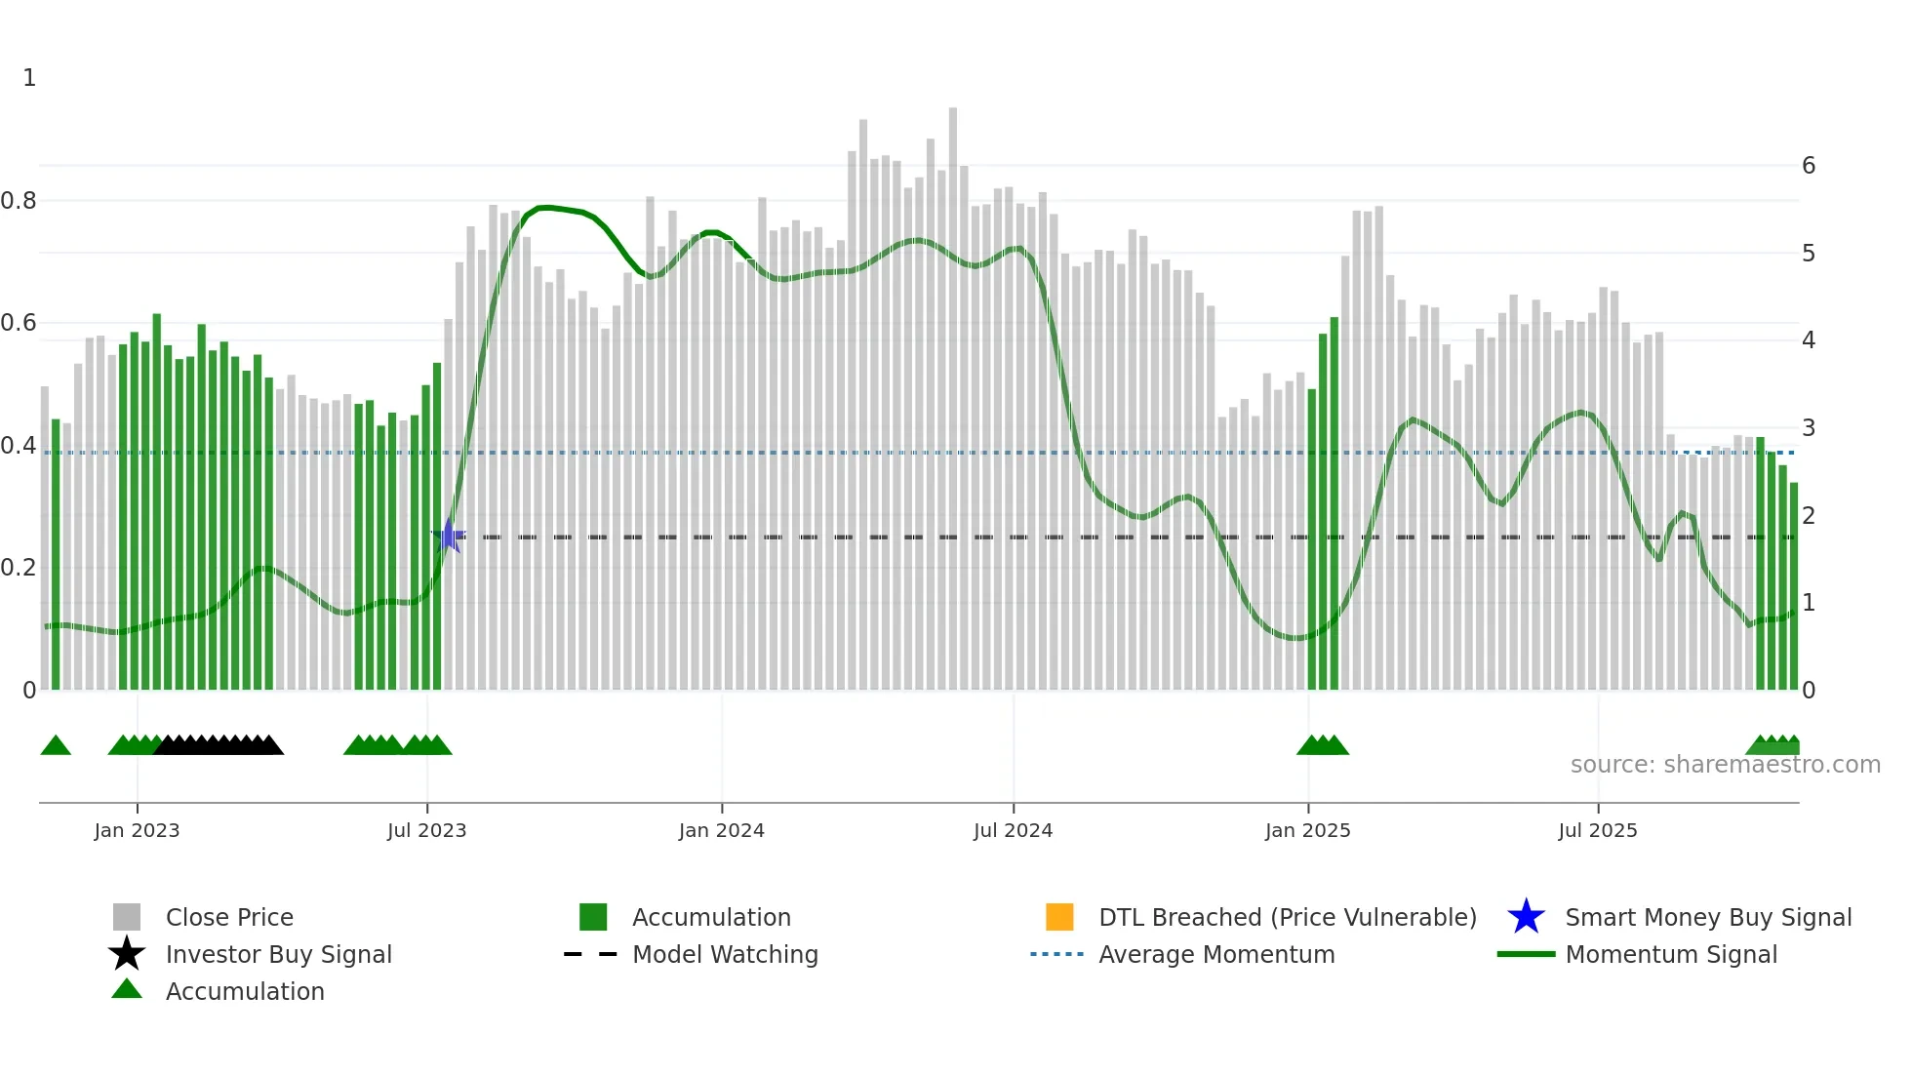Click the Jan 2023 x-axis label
click(x=137, y=830)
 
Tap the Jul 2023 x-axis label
click(x=426, y=830)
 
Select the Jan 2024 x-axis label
click(x=721, y=830)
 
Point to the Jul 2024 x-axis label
click(x=1013, y=830)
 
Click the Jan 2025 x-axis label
click(x=1307, y=830)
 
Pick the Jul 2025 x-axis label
click(x=1597, y=830)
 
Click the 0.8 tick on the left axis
click(x=19, y=201)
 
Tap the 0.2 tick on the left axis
click(x=19, y=568)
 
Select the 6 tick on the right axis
click(x=1809, y=166)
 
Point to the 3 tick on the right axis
click(x=1809, y=428)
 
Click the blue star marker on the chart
click(x=449, y=536)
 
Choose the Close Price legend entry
click(x=228, y=917)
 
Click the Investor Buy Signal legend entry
click(x=278, y=954)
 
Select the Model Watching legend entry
click(x=725, y=954)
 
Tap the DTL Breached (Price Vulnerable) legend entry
click(x=1287, y=917)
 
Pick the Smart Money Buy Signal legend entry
click(x=1707, y=917)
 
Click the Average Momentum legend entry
click(x=1216, y=954)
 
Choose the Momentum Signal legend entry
click(x=1671, y=954)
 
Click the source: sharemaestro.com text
click(x=1725, y=765)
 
